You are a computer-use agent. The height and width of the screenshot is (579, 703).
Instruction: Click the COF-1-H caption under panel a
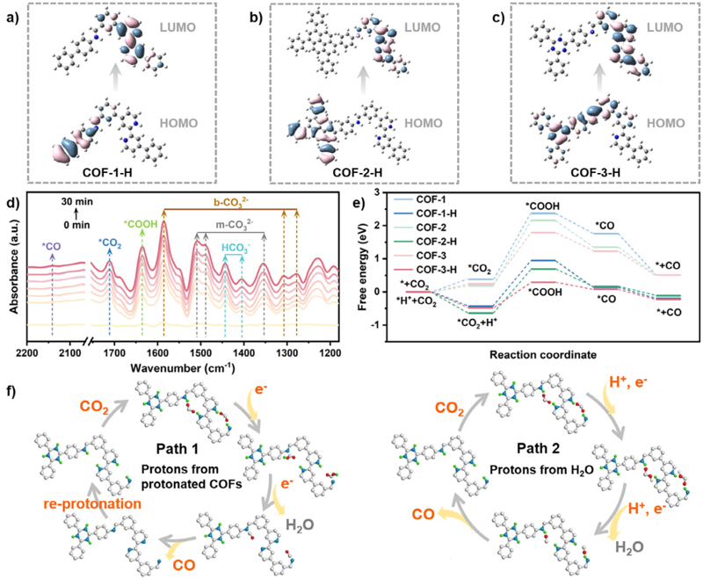[x=107, y=172]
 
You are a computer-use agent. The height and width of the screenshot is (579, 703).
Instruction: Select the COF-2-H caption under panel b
[x=358, y=172]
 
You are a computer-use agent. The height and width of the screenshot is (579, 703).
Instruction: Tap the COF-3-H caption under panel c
[x=596, y=172]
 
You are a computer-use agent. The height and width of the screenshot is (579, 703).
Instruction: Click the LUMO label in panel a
[x=178, y=27]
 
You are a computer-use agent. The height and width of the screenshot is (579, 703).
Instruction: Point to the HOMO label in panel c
[x=666, y=123]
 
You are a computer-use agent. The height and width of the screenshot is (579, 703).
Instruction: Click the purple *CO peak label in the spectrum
[x=52, y=247]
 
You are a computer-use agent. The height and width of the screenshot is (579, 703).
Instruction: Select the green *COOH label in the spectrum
[x=141, y=223]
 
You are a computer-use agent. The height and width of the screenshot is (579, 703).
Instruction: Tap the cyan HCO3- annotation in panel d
[x=236, y=248]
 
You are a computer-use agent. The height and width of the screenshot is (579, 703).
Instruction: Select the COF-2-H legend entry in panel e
[x=436, y=242]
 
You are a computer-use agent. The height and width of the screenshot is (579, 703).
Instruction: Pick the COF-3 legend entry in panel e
[x=431, y=256]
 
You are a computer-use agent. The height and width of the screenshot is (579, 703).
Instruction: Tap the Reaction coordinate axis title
[x=543, y=355]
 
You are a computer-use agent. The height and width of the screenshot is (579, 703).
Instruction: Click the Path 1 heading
[x=178, y=449]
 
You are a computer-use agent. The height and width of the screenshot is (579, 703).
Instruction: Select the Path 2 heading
[x=538, y=448]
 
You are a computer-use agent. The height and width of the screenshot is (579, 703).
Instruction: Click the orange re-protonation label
[x=92, y=503]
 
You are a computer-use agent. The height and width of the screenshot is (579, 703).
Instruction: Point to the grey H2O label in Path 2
[x=629, y=547]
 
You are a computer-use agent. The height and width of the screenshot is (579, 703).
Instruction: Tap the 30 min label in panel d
[x=77, y=202]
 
